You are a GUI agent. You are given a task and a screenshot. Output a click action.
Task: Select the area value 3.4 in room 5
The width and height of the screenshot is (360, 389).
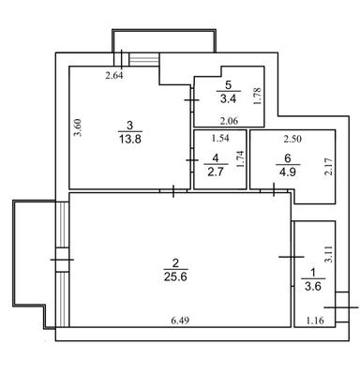tap(224, 97)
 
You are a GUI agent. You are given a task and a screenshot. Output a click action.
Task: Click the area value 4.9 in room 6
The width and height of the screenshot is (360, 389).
tap(287, 172)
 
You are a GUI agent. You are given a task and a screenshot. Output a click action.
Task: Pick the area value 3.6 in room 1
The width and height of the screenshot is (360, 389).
tap(310, 287)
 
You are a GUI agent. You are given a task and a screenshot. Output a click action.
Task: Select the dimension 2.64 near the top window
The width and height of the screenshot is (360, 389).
tap(114, 76)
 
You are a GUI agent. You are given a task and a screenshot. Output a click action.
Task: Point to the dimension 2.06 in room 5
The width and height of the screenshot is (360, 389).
tap(230, 121)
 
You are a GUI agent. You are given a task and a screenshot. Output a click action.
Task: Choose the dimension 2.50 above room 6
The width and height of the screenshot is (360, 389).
tap(292, 139)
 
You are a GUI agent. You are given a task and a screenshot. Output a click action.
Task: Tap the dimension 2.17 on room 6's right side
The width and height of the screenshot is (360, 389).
tap(327, 167)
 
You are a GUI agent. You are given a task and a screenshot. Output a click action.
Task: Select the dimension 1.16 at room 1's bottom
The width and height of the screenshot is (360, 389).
tap(318, 322)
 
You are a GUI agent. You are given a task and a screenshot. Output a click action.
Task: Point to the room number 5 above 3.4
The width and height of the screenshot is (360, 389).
tap(224, 82)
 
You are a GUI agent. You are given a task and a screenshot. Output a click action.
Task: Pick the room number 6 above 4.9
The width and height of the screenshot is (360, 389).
tap(287, 157)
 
